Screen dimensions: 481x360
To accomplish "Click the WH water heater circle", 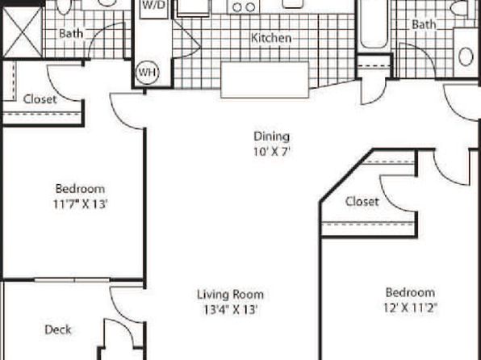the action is [147, 73].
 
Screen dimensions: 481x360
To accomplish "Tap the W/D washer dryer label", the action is [154, 5].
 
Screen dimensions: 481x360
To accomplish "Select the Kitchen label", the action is [271, 38].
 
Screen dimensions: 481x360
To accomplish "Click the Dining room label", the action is [272, 136].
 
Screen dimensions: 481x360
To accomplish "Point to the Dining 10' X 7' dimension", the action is [272, 152].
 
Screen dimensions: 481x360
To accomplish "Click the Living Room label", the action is [230, 295].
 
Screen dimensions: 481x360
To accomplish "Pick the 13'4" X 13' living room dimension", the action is [230, 310].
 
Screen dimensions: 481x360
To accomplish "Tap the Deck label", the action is [58, 329].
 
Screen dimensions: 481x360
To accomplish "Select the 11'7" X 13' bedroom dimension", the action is [80, 204].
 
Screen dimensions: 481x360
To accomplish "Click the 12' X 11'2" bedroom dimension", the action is [410, 308].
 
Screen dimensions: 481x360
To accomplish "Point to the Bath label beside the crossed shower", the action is [71, 33].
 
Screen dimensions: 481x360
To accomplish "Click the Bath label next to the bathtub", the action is [424, 24].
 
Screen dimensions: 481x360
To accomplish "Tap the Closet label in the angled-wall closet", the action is [362, 202].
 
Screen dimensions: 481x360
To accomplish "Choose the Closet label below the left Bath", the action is [40, 99].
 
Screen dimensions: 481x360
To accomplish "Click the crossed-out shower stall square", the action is [22, 32].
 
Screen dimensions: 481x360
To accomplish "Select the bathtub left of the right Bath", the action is [374, 24].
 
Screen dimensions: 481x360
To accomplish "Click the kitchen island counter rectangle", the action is [265, 80].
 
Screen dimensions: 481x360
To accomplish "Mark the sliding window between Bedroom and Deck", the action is [72, 280].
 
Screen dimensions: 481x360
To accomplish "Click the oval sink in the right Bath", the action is [466, 57].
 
